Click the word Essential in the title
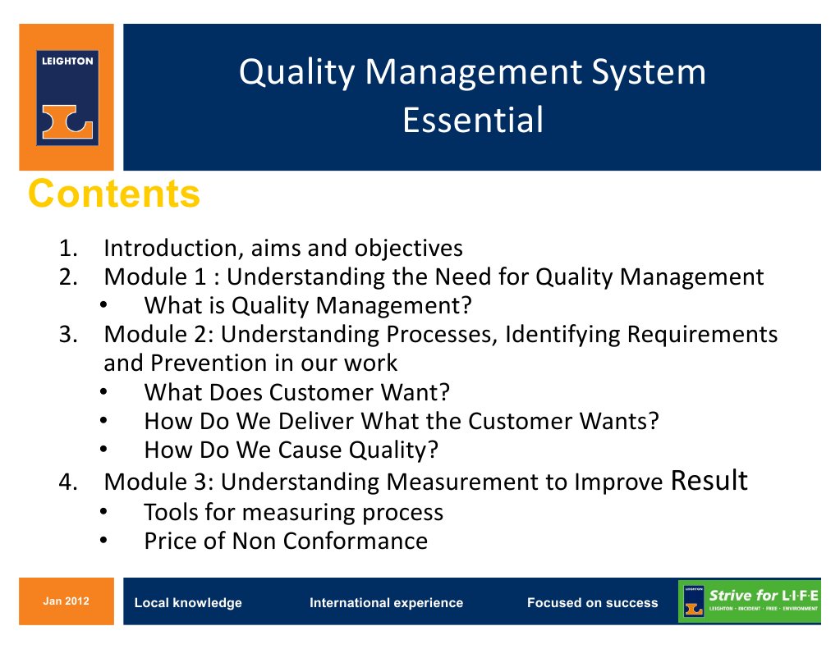tap(473, 120)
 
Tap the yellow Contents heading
tap(114, 194)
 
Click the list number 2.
tap(67, 277)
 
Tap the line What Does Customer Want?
tap(296, 392)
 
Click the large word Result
tap(709, 480)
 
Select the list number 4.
tap(67, 482)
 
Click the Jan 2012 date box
tap(67, 601)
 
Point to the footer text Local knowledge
tap(188, 603)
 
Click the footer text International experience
tap(386, 603)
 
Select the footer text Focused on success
tap(592, 603)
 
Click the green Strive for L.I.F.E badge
tap(749, 601)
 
